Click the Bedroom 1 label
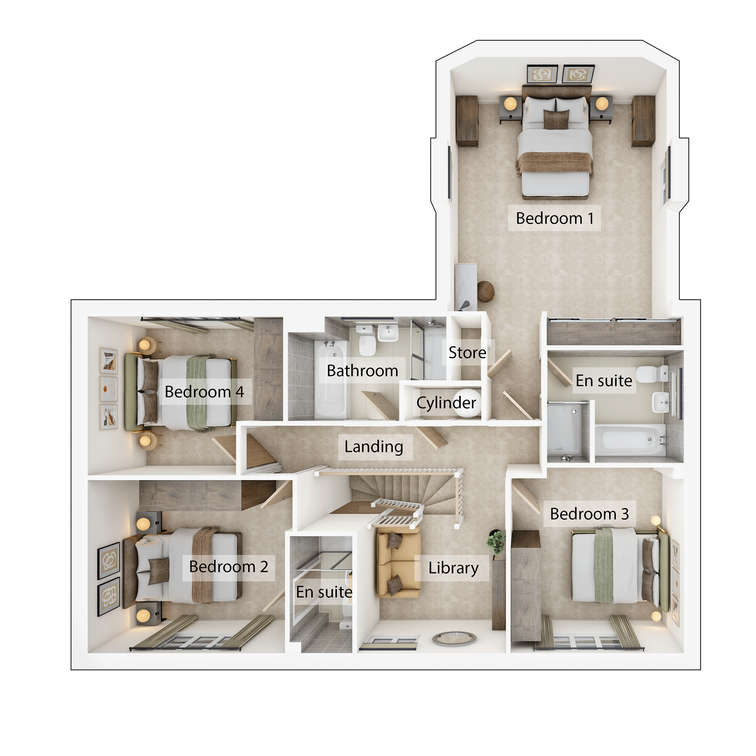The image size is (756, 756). (x=554, y=218)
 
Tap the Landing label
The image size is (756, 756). (x=374, y=447)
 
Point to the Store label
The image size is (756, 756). (x=467, y=352)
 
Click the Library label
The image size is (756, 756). (x=454, y=568)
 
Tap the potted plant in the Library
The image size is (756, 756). (x=496, y=542)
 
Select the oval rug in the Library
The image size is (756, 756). (x=454, y=639)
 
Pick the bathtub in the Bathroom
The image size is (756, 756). (x=331, y=379)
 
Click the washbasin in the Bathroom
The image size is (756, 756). (x=388, y=333)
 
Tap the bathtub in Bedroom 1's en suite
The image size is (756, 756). (x=630, y=440)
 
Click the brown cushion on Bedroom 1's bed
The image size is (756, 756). (x=556, y=119)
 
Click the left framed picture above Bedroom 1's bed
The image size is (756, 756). (x=542, y=74)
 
